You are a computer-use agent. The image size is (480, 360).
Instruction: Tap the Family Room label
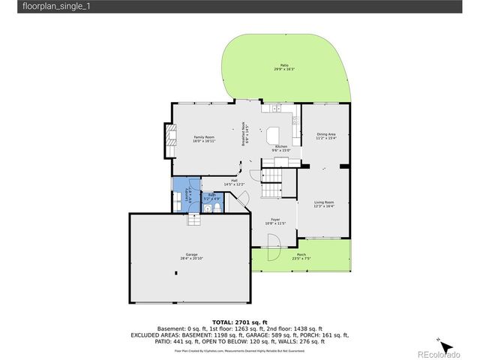click(x=204, y=139)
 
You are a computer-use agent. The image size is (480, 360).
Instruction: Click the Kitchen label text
click(x=281, y=148)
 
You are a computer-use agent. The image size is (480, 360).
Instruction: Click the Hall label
click(x=234, y=182)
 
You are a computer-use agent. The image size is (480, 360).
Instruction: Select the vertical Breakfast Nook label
click(x=243, y=134)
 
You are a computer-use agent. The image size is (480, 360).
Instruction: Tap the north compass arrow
click(x=445, y=346)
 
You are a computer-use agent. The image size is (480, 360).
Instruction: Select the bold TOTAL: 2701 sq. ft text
click(x=239, y=322)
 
